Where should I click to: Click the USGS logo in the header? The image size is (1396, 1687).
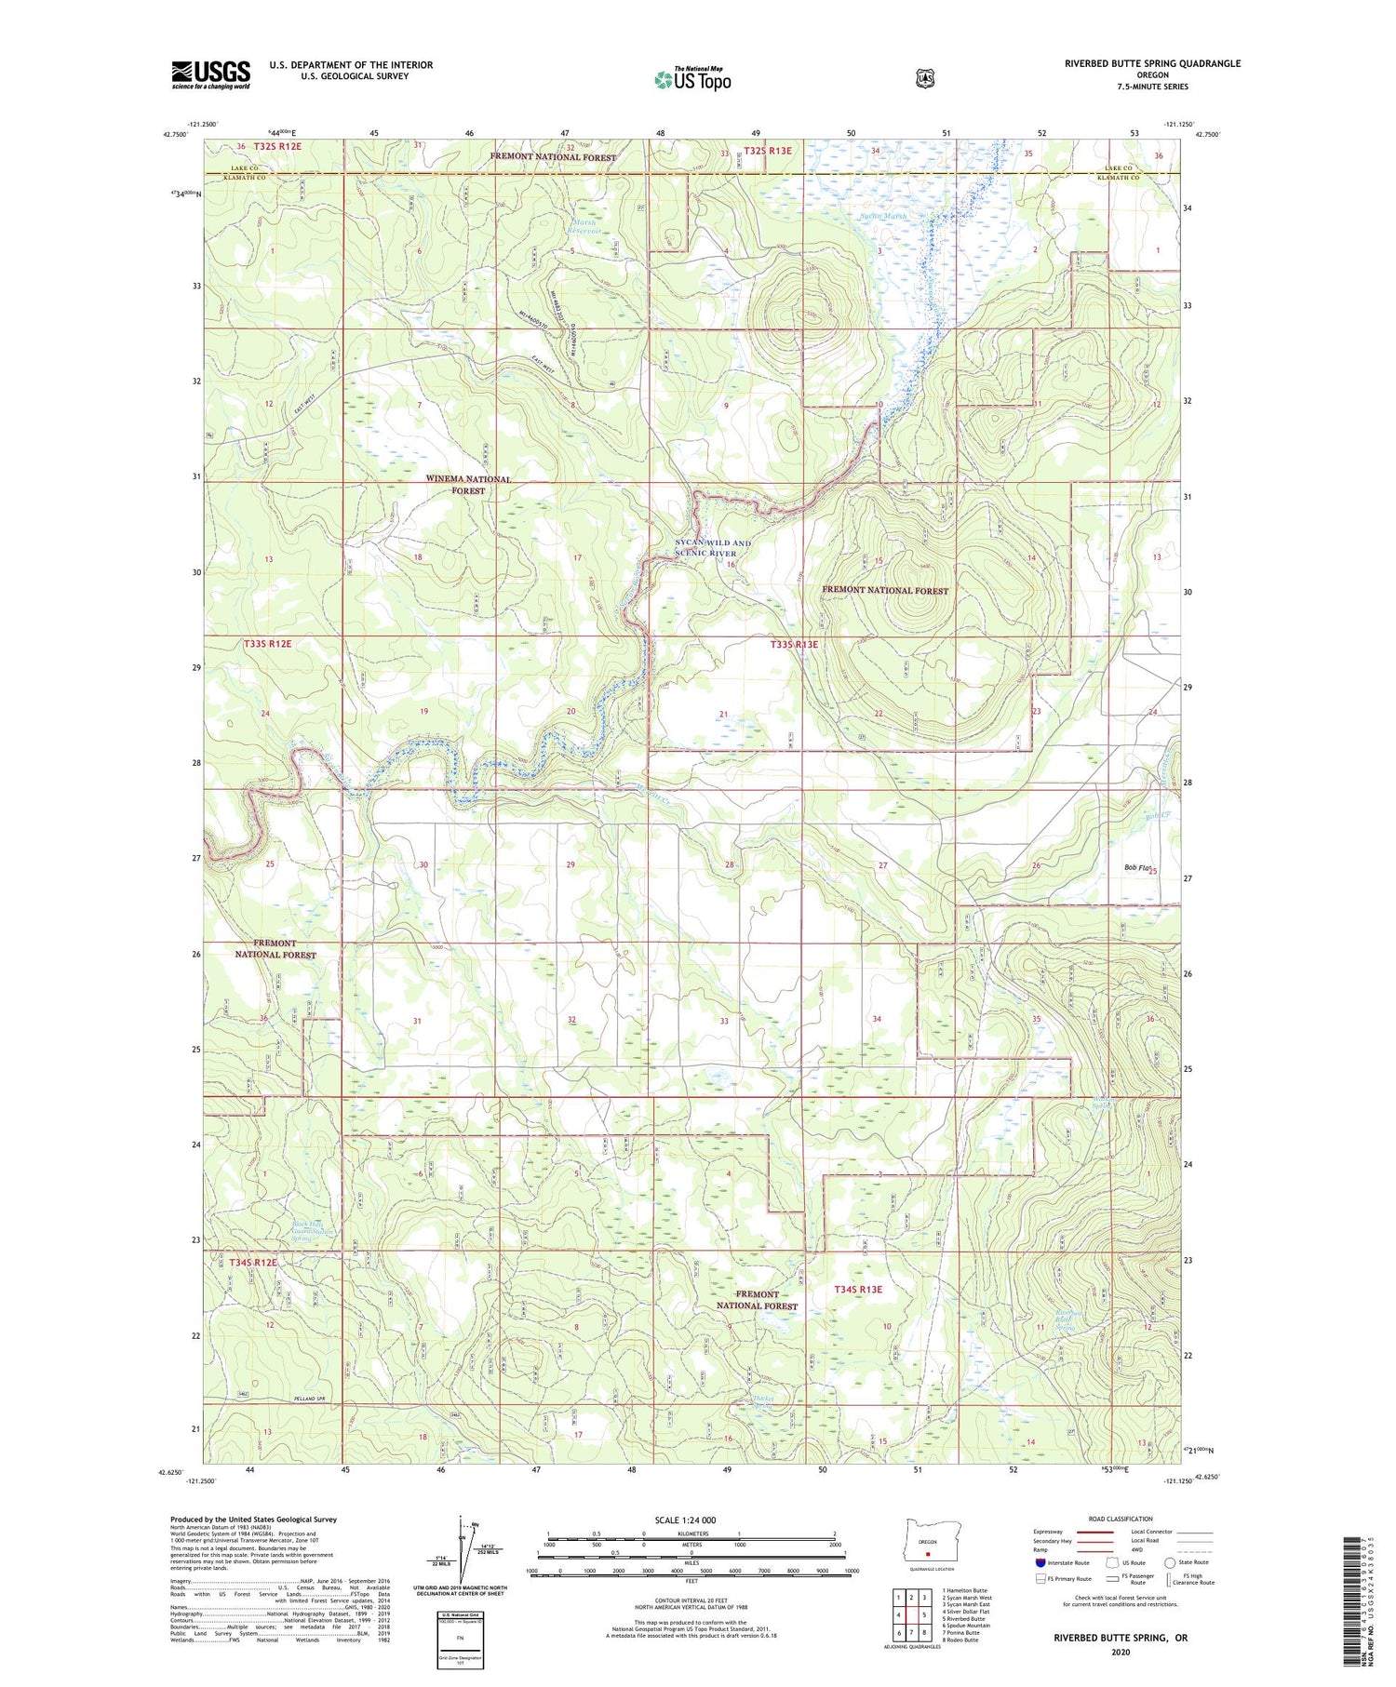click(210, 74)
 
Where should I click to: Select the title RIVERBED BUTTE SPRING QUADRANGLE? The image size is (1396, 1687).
click(1152, 64)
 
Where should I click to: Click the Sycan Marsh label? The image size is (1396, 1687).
click(882, 216)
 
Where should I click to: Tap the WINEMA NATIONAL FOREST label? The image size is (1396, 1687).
click(468, 485)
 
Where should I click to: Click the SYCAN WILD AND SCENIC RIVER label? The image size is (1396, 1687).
click(712, 548)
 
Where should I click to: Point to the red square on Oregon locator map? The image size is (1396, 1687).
click(927, 1552)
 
